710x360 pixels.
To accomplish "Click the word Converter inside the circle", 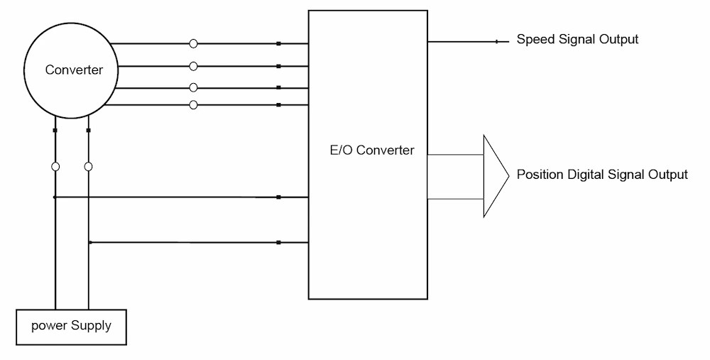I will [74, 70].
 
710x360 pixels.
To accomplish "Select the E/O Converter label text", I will [368, 150].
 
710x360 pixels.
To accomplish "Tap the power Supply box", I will [71, 327].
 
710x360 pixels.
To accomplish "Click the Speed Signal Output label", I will [577, 40].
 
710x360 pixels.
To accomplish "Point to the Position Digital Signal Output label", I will [602, 175].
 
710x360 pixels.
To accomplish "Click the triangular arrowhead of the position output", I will [496, 175].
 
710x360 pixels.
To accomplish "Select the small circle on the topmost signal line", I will [193, 44].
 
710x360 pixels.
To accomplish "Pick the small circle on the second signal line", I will [193, 66].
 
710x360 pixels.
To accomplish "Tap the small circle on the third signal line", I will [193, 87].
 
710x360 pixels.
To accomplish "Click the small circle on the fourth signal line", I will [193, 105].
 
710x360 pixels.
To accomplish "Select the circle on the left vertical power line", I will [55, 166].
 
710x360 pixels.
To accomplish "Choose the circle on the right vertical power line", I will [89, 166].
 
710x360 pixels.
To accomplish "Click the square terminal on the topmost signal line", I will [278, 44].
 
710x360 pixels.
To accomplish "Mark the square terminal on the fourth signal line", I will [278, 105].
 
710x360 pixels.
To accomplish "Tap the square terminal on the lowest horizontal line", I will [278, 243].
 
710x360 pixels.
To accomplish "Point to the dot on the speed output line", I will [496, 42].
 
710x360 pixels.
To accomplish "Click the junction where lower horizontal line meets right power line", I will [89, 243].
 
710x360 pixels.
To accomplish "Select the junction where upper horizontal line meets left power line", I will [55, 197].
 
